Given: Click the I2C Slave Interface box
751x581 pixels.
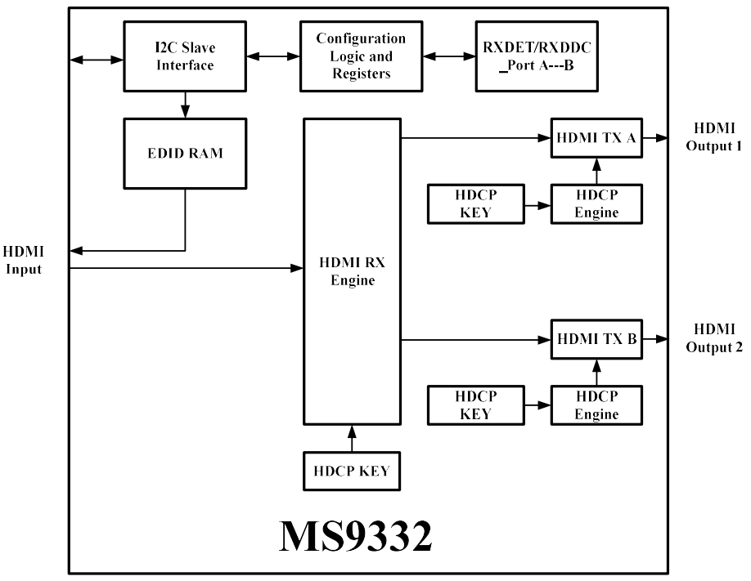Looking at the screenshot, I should [185, 56].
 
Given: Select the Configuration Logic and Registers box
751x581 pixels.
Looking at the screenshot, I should [360, 56].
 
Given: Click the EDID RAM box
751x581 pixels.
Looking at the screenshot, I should [185, 153].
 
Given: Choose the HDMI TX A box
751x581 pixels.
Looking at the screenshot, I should [596, 138].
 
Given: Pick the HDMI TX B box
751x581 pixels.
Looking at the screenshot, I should [596, 338].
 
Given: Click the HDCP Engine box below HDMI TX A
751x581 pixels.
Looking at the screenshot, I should [596, 204].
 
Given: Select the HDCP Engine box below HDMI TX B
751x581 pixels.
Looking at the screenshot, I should [596, 404].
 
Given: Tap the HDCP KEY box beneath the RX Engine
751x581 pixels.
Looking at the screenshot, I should [352, 471].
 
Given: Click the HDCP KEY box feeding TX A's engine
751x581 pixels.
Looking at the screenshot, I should [475, 204].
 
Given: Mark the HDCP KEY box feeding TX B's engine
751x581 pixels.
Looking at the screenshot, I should [475, 404].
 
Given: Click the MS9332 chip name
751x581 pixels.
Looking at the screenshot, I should [355, 535].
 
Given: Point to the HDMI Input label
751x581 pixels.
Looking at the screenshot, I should [23, 260].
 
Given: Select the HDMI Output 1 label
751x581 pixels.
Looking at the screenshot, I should [714, 137].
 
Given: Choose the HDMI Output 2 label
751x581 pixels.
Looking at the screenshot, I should [714, 337].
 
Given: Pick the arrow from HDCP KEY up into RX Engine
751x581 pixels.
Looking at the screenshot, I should [352, 437].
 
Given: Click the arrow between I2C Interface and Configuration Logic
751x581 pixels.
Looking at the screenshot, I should [273, 56].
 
